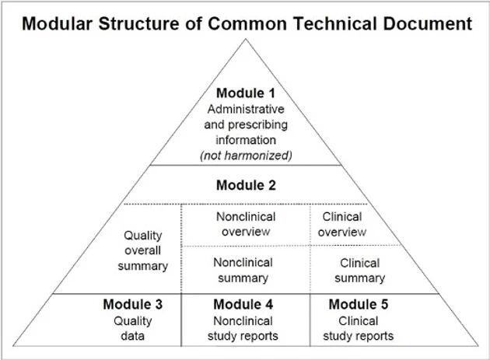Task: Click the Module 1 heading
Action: (x=245, y=93)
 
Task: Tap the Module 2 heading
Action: (x=245, y=186)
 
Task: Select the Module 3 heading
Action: (x=132, y=304)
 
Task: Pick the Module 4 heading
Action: (x=243, y=304)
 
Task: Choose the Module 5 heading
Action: (x=358, y=304)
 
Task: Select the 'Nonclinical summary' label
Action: (x=243, y=270)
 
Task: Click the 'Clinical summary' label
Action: (x=359, y=270)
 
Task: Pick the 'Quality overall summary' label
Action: (x=145, y=250)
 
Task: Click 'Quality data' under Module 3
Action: (x=132, y=328)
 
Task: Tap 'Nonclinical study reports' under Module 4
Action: (x=243, y=328)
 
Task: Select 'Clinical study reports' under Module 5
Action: (x=359, y=328)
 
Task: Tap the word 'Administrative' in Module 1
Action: (x=245, y=109)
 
